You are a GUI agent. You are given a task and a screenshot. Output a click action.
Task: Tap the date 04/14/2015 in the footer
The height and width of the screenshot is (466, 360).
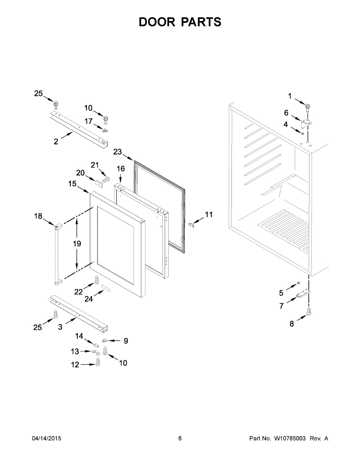coord(46,438)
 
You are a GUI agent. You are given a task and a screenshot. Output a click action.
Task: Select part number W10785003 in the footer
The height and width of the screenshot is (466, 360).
coord(290,438)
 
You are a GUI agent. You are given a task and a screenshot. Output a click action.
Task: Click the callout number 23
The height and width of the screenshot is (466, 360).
coord(118,152)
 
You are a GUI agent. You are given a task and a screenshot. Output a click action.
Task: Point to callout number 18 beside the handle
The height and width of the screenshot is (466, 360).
coord(38,216)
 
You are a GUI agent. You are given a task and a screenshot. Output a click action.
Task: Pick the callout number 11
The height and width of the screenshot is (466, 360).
coord(209,215)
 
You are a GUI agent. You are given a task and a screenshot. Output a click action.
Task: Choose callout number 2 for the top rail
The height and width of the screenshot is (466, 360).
coord(56,142)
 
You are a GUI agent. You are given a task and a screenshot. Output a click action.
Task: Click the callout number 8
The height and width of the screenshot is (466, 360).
coord(292,323)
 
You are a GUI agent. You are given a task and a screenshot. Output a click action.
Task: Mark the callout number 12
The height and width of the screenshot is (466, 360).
coord(75,365)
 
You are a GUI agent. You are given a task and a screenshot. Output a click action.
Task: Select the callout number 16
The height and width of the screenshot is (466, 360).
coord(121,169)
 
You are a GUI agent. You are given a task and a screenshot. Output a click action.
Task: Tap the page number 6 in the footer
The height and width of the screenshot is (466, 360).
coord(180,438)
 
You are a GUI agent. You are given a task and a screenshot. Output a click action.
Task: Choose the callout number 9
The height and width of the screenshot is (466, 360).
coord(125,341)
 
